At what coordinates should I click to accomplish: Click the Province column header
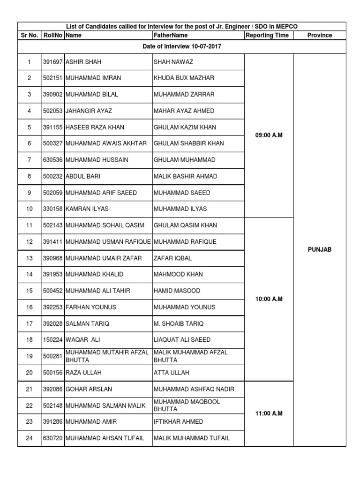(320, 35)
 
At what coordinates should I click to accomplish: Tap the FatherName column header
(171, 35)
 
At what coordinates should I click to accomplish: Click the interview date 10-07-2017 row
(181, 46)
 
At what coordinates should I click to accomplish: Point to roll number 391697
(52, 62)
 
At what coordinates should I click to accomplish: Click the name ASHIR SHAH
(83, 62)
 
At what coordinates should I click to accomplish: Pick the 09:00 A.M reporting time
(269, 135)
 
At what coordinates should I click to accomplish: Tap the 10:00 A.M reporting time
(269, 299)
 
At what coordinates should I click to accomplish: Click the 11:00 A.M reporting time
(269, 413)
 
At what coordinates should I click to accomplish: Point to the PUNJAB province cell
(320, 250)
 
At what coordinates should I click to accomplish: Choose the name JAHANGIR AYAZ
(89, 111)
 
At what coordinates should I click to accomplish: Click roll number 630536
(52, 160)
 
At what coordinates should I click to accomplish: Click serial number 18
(29, 340)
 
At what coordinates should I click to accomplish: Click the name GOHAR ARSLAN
(89, 389)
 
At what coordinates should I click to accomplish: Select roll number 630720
(52, 438)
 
